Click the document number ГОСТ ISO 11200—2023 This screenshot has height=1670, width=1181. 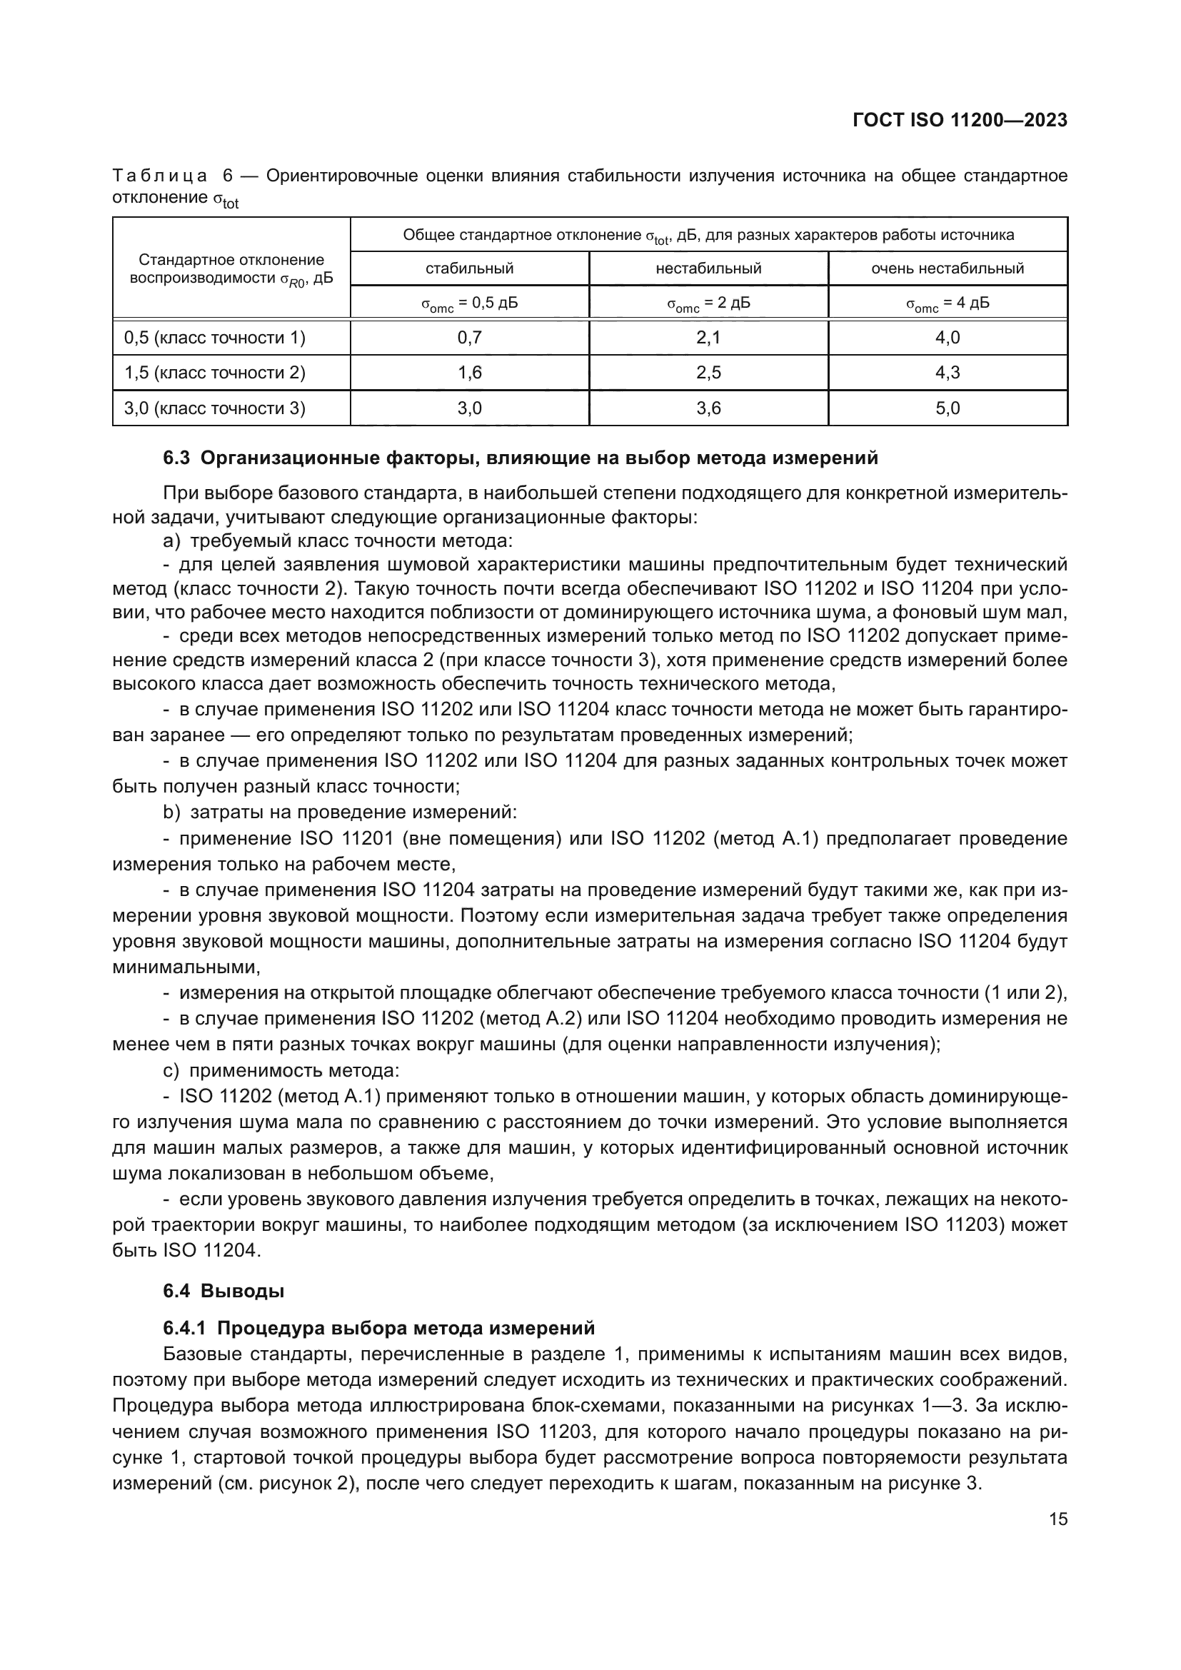959,121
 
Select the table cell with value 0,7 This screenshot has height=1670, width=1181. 469,338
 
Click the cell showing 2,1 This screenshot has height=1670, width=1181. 708,338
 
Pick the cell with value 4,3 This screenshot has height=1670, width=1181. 948,373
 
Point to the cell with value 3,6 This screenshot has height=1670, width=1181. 708,408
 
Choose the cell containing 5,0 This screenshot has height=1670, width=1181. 948,408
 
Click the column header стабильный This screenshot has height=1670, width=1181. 469,268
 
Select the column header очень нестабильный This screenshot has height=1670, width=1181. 948,268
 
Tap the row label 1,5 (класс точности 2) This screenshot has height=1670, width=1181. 214,373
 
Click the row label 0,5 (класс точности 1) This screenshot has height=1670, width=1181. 214,338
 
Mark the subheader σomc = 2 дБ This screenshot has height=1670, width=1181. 708,303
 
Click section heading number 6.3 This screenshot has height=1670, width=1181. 176,458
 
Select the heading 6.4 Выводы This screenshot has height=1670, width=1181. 223,1291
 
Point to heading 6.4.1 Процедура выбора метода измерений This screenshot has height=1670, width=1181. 379,1328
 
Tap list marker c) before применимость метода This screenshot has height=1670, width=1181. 171,1071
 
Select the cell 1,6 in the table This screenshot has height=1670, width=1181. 469,373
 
